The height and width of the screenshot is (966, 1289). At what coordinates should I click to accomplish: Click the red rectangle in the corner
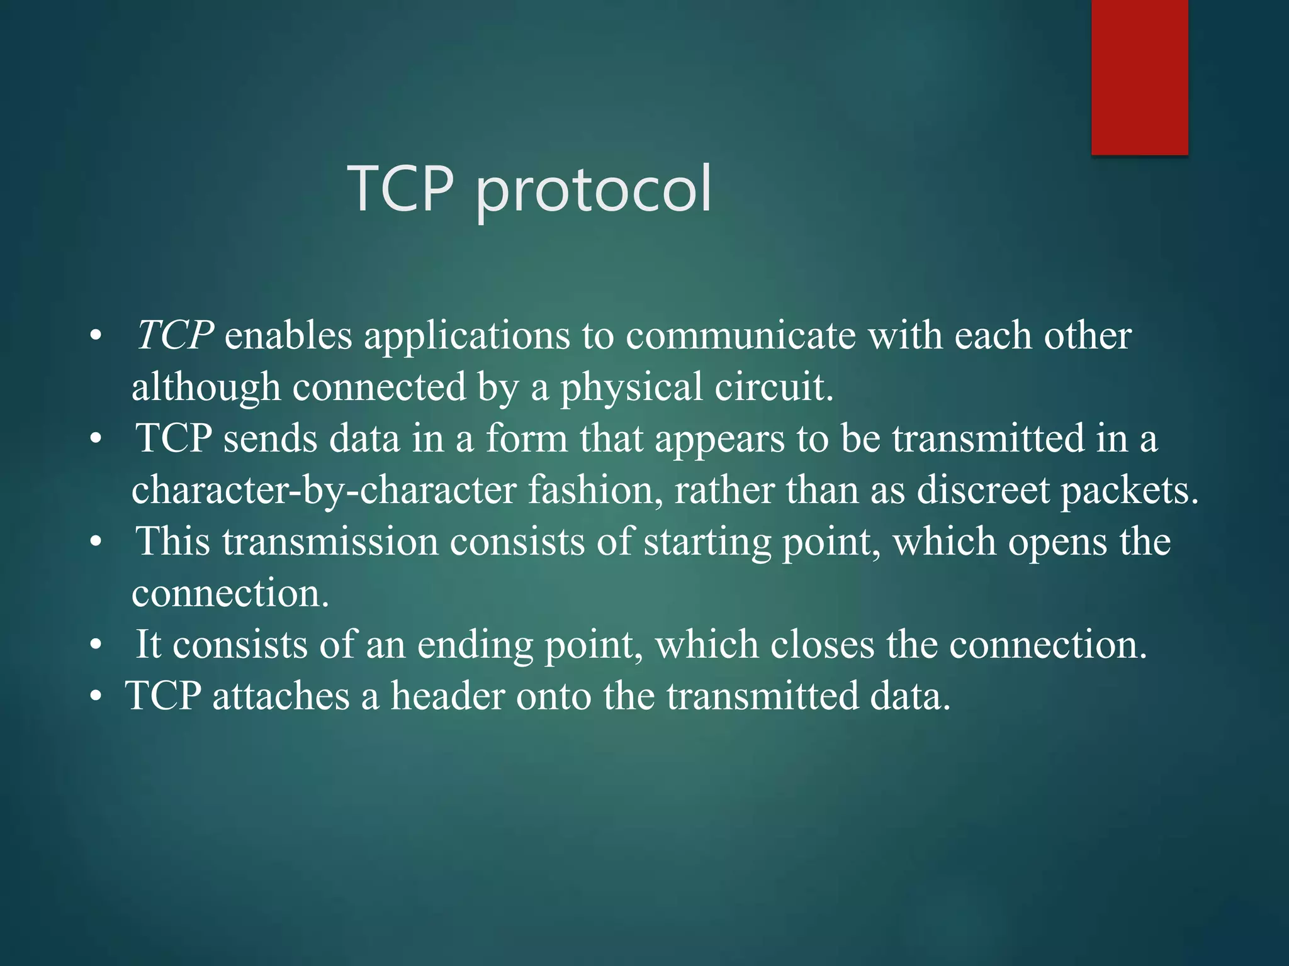[1139, 77]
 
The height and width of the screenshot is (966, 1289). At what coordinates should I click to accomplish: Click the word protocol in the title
[593, 189]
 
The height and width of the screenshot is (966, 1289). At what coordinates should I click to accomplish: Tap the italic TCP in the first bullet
[175, 335]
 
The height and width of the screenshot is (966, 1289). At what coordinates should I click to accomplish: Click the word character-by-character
[324, 491]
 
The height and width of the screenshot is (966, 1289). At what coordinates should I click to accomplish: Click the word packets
[1130, 491]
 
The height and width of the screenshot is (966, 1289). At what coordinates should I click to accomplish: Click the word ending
[475, 646]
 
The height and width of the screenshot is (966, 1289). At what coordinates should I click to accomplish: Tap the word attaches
[281, 696]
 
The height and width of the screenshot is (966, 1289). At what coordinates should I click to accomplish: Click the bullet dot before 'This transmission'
[96, 542]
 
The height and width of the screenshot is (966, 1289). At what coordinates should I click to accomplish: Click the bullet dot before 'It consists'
[96, 645]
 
